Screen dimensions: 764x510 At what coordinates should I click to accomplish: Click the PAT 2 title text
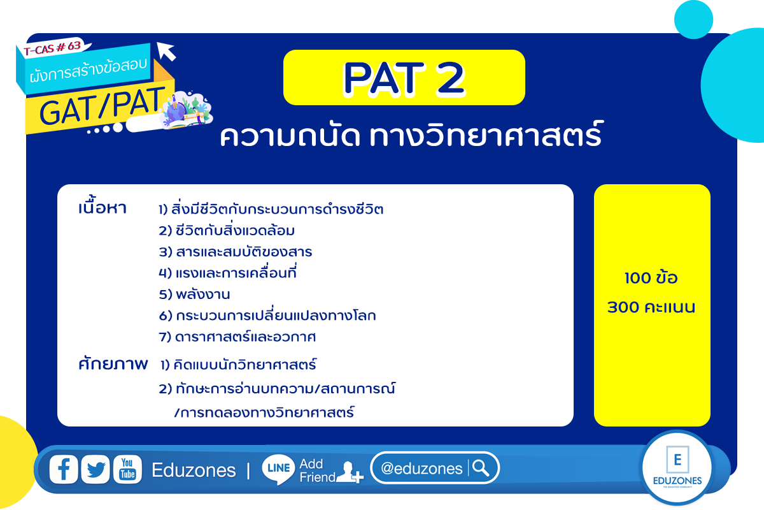click(x=404, y=78)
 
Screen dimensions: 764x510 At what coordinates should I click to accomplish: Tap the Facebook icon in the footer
click(x=64, y=469)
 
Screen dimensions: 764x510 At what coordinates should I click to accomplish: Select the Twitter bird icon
click(x=95, y=469)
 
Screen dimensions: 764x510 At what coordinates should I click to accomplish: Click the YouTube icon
click(x=127, y=469)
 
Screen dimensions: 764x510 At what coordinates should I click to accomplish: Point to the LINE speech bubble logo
click(x=278, y=469)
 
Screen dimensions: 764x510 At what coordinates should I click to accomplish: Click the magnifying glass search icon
click(x=481, y=468)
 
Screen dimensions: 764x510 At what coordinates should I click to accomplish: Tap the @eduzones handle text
click(x=421, y=469)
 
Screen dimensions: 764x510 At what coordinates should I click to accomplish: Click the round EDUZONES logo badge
click(x=677, y=468)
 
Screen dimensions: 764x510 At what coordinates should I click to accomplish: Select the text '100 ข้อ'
click(x=651, y=277)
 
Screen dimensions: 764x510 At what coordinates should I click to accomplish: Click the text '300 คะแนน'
click(x=651, y=307)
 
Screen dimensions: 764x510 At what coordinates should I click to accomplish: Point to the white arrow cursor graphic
click(x=166, y=51)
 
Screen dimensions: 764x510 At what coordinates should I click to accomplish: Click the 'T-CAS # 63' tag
click(x=53, y=48)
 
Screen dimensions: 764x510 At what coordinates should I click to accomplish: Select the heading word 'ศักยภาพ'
click(x=113, y=363)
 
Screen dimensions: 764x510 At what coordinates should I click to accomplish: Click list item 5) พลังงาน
click(x=194, y=294)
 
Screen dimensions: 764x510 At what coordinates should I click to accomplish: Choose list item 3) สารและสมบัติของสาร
click(x=236, y=251)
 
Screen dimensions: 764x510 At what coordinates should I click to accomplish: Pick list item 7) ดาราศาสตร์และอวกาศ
click(x=237, y=337)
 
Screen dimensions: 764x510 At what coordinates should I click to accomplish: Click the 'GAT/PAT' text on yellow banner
click(x=103, y=106)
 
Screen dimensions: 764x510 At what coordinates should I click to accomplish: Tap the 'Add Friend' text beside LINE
click(x=317, y=470)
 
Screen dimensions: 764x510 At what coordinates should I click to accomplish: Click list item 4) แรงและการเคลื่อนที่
click(x=227, y=272)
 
